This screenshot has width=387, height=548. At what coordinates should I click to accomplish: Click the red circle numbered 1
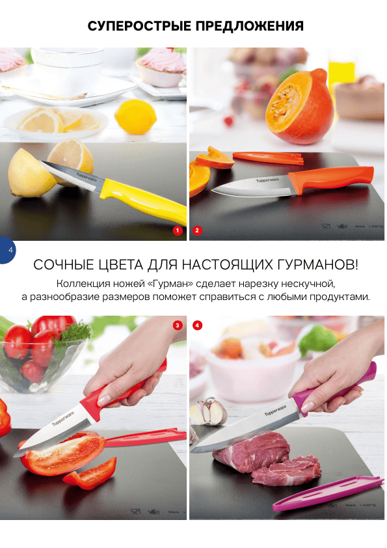[x=178, y=230]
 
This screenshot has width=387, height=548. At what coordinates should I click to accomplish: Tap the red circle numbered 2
[x=197, y=230]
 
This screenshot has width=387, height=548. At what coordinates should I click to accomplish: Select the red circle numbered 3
[x=178, y=325]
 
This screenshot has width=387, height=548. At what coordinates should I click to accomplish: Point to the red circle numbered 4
[x=197, y=325]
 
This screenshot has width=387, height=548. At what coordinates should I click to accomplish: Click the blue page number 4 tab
[x=8, y=250]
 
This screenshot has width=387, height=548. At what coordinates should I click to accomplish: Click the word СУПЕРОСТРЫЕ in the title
[x=140, y=26]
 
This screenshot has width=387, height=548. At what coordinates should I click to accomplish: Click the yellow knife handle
[x=143, y=199]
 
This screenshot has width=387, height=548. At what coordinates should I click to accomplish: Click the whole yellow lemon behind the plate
[x=135, y=116]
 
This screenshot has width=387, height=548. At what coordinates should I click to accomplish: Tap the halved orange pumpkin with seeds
[x=300, y=107]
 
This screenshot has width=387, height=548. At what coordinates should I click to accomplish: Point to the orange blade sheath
[x=268, y=158]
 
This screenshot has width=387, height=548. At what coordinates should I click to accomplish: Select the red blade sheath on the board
[x=145, y=438]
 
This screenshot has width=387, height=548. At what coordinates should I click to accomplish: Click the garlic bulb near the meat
[x=208, y=411]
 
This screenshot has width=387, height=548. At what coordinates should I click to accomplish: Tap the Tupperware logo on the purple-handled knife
[x=275, y=410]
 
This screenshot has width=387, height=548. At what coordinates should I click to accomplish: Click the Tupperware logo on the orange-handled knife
[x=267, y=180]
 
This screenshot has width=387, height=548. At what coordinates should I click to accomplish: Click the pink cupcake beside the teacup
[x=161, y=67]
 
